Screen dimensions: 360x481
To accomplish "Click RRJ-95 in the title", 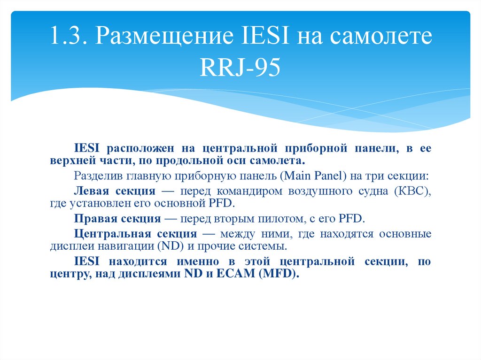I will pos(240,69).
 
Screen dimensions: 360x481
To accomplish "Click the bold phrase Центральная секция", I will pos(135,234).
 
